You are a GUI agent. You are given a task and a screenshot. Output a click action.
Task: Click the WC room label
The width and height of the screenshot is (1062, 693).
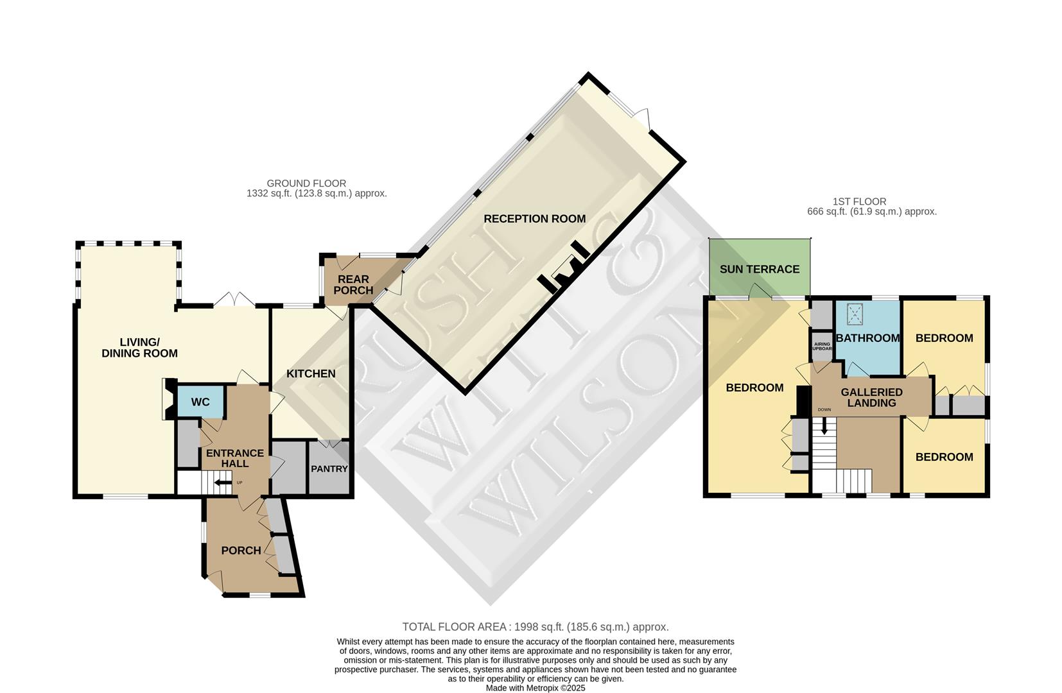(200, 402)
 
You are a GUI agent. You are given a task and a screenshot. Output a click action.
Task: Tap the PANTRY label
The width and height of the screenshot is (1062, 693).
(329, 468)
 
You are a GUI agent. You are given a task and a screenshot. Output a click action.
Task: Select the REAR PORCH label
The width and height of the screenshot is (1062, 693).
(353, 285)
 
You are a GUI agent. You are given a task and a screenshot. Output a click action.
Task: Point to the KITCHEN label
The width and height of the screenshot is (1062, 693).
(311, 373)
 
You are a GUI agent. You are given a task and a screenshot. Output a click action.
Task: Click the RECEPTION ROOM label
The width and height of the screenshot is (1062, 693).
(534, 219)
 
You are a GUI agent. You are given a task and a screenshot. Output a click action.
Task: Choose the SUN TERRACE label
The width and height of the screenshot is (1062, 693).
(759, 269)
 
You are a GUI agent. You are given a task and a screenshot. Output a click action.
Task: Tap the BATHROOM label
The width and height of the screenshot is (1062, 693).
(867, 338)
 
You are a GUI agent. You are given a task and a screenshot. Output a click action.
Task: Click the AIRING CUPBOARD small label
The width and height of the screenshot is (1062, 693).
(822, 346)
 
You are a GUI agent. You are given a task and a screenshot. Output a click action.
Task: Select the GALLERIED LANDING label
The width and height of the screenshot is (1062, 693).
(871, 397)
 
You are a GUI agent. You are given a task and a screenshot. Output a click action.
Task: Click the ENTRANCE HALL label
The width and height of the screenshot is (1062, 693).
(234, 458)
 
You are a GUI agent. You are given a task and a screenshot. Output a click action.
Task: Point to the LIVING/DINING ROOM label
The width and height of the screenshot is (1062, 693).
(139, 348)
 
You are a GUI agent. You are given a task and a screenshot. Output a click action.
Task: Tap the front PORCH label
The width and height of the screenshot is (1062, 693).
(241, 551)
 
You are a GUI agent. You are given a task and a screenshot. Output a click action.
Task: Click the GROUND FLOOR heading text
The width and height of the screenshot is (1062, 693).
(306, 184)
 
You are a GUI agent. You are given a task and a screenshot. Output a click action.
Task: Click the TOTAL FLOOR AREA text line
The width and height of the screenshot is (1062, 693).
(535, 627)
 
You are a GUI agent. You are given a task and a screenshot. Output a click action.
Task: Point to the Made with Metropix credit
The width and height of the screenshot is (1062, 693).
(535, 688)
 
